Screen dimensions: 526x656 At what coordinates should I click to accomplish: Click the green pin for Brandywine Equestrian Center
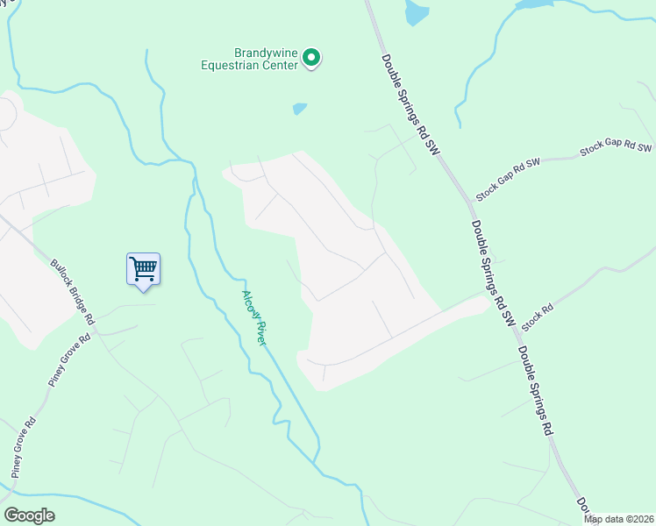[311, 58]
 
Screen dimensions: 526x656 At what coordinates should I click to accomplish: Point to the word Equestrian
[248, 65]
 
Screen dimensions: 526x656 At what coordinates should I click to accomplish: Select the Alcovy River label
[253, 317]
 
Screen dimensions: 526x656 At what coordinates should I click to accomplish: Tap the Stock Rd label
[538, 316]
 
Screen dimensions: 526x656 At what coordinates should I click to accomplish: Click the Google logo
[29, 515]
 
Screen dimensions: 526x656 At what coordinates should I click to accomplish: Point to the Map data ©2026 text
[618, 519]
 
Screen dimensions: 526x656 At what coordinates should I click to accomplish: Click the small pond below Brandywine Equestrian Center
[300, 109]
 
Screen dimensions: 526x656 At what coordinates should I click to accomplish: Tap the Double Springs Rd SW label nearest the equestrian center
[409, 106]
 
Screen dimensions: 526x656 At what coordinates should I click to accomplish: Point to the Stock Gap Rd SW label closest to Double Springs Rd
[509, 178]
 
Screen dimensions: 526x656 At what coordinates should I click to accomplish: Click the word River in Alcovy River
[260, 333]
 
